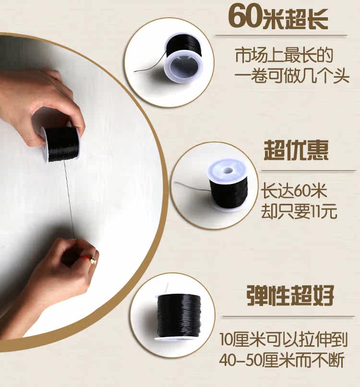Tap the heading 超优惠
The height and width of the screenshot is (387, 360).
tap(296, 151)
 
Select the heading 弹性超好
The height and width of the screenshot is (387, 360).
tap(290, 295)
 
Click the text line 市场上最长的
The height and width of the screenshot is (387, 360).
tap(284, 56)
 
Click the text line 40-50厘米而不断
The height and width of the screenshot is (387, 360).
tap(282, 360)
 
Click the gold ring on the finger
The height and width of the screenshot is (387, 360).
tap(93, 260)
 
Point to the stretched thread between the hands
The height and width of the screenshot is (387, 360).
tap(69, 199)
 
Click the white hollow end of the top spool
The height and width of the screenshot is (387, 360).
tap(184, 67)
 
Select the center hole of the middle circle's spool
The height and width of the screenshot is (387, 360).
tap(228, 171)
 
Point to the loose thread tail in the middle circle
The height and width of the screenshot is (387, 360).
tap(192, 186)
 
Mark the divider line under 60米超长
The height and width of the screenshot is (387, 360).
tap(282, 35)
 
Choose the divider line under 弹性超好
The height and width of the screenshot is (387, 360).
tap(288, 317)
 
